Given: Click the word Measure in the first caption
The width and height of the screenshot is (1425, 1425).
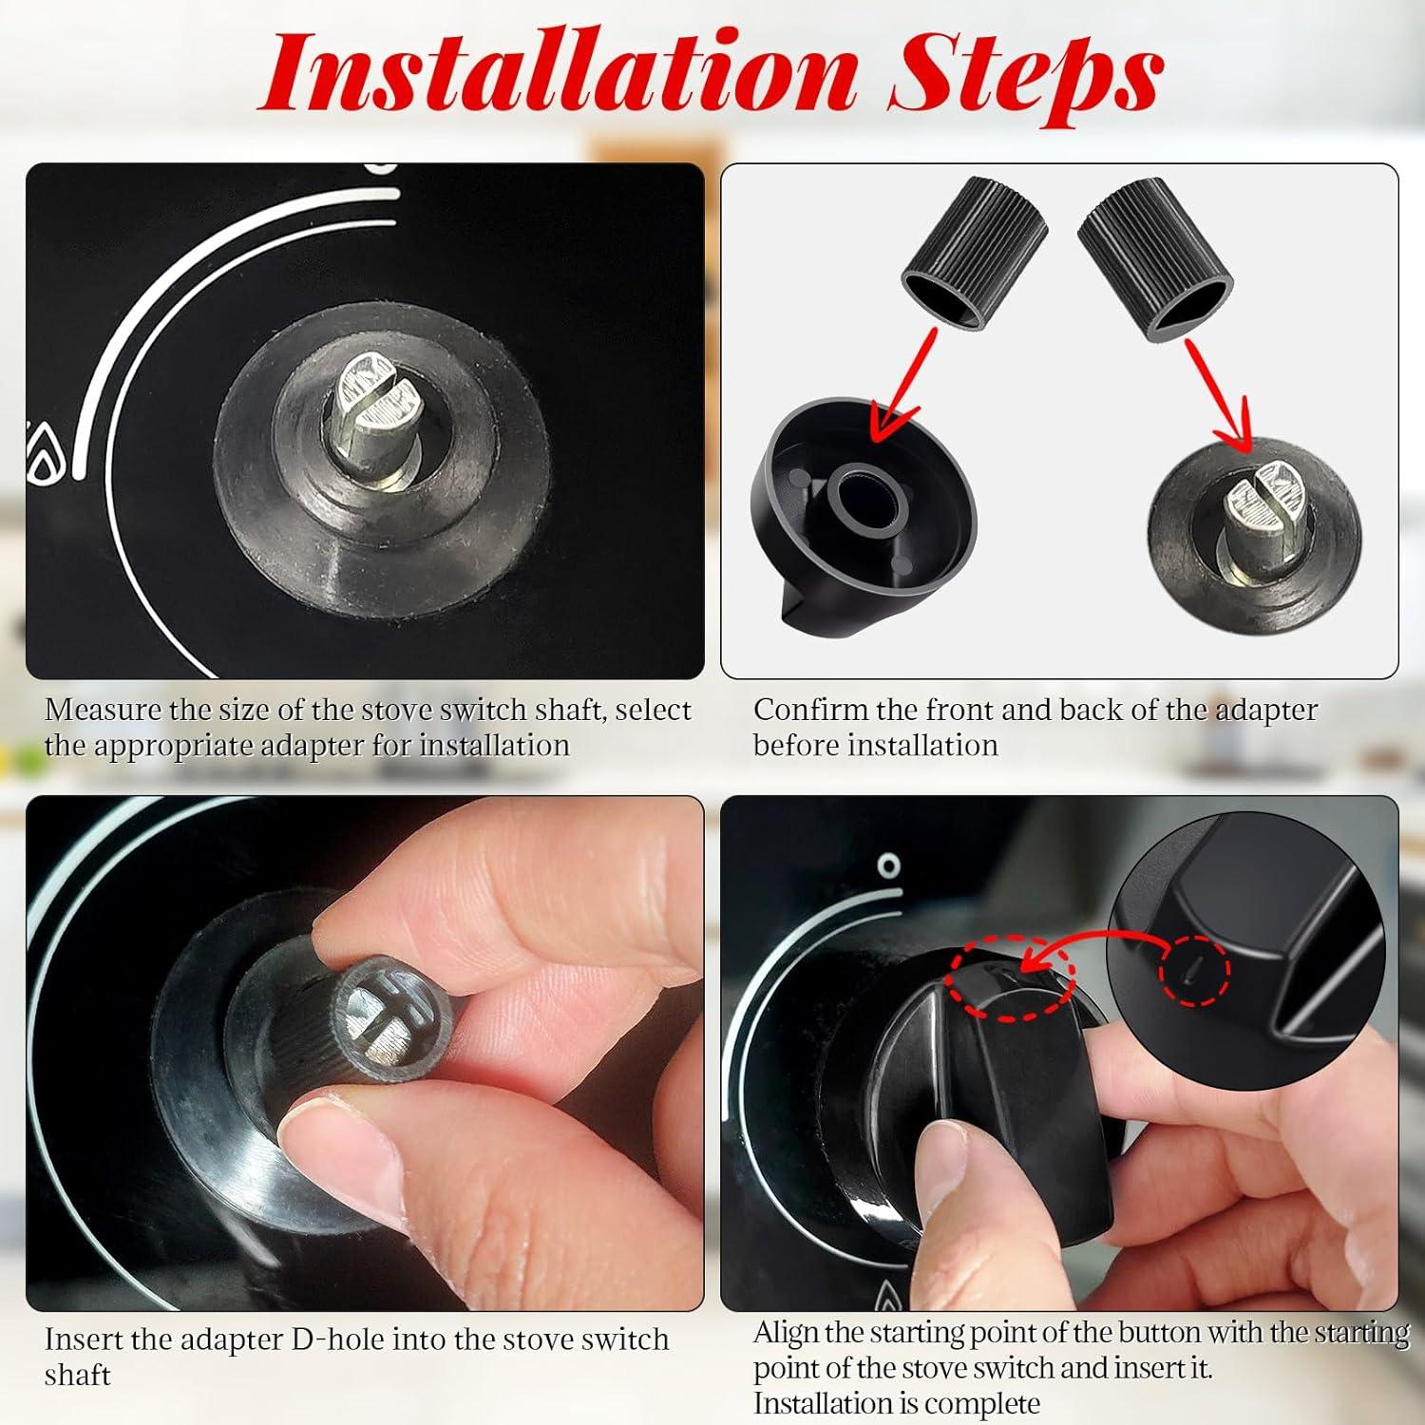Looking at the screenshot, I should tap(103, 711).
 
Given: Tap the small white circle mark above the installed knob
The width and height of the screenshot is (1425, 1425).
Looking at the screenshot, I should tap(888, 865).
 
